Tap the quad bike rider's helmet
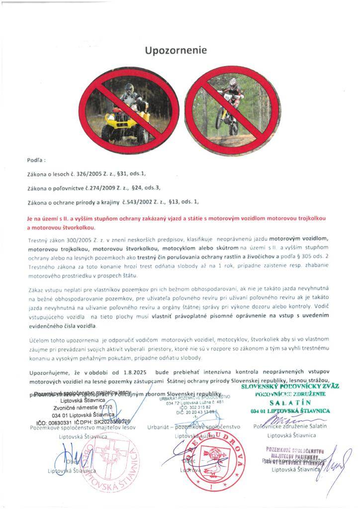(130, 90)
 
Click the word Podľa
(35, 161)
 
